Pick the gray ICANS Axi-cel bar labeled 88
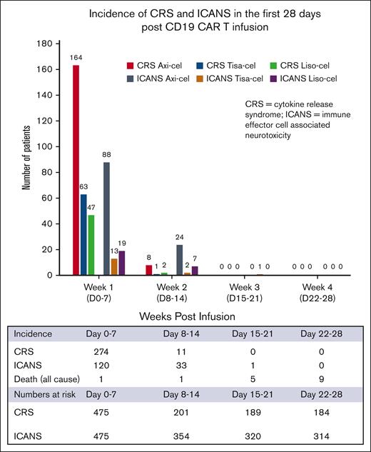click(x=106, y=219)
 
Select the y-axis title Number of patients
click(x=26, y=159)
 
